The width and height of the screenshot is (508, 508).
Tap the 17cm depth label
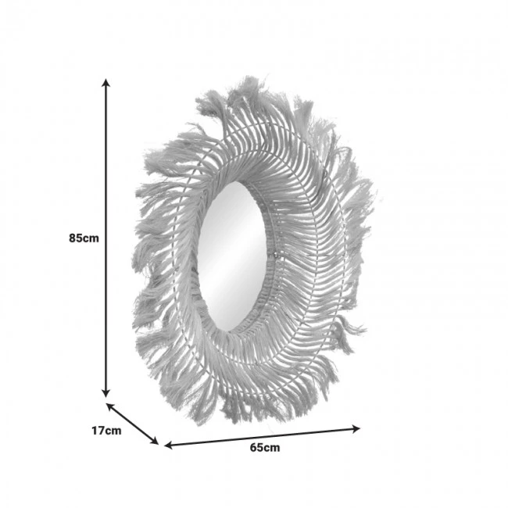pyautogui.click(x=106, y=430)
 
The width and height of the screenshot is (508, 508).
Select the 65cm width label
pyautogui.click(x=265, y=448)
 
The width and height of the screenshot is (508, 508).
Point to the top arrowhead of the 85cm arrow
pyautogui.click(x=107, y=80)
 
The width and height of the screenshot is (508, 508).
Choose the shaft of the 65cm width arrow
pyautogui.click(x=262, y=437)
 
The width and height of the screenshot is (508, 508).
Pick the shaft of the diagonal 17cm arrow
pyautogui.click(x=133, y=424)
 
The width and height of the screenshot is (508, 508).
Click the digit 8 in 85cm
pyautogui.click(x=73, y=238)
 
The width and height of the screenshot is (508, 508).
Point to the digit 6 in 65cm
pyautogui.click(x=254, y=448)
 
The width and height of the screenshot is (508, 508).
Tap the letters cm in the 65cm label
pyautogui.click(x=272, y=448)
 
